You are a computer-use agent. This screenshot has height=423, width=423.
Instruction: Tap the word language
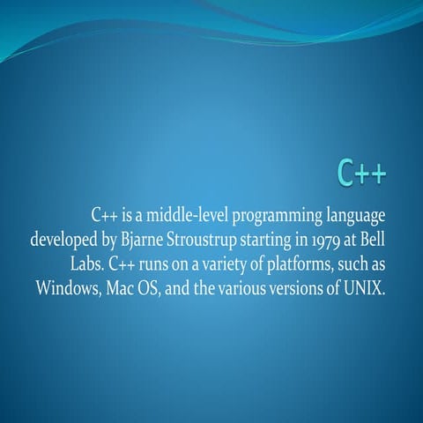(354, 215)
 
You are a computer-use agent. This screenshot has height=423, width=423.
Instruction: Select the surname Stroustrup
(209, 240)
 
